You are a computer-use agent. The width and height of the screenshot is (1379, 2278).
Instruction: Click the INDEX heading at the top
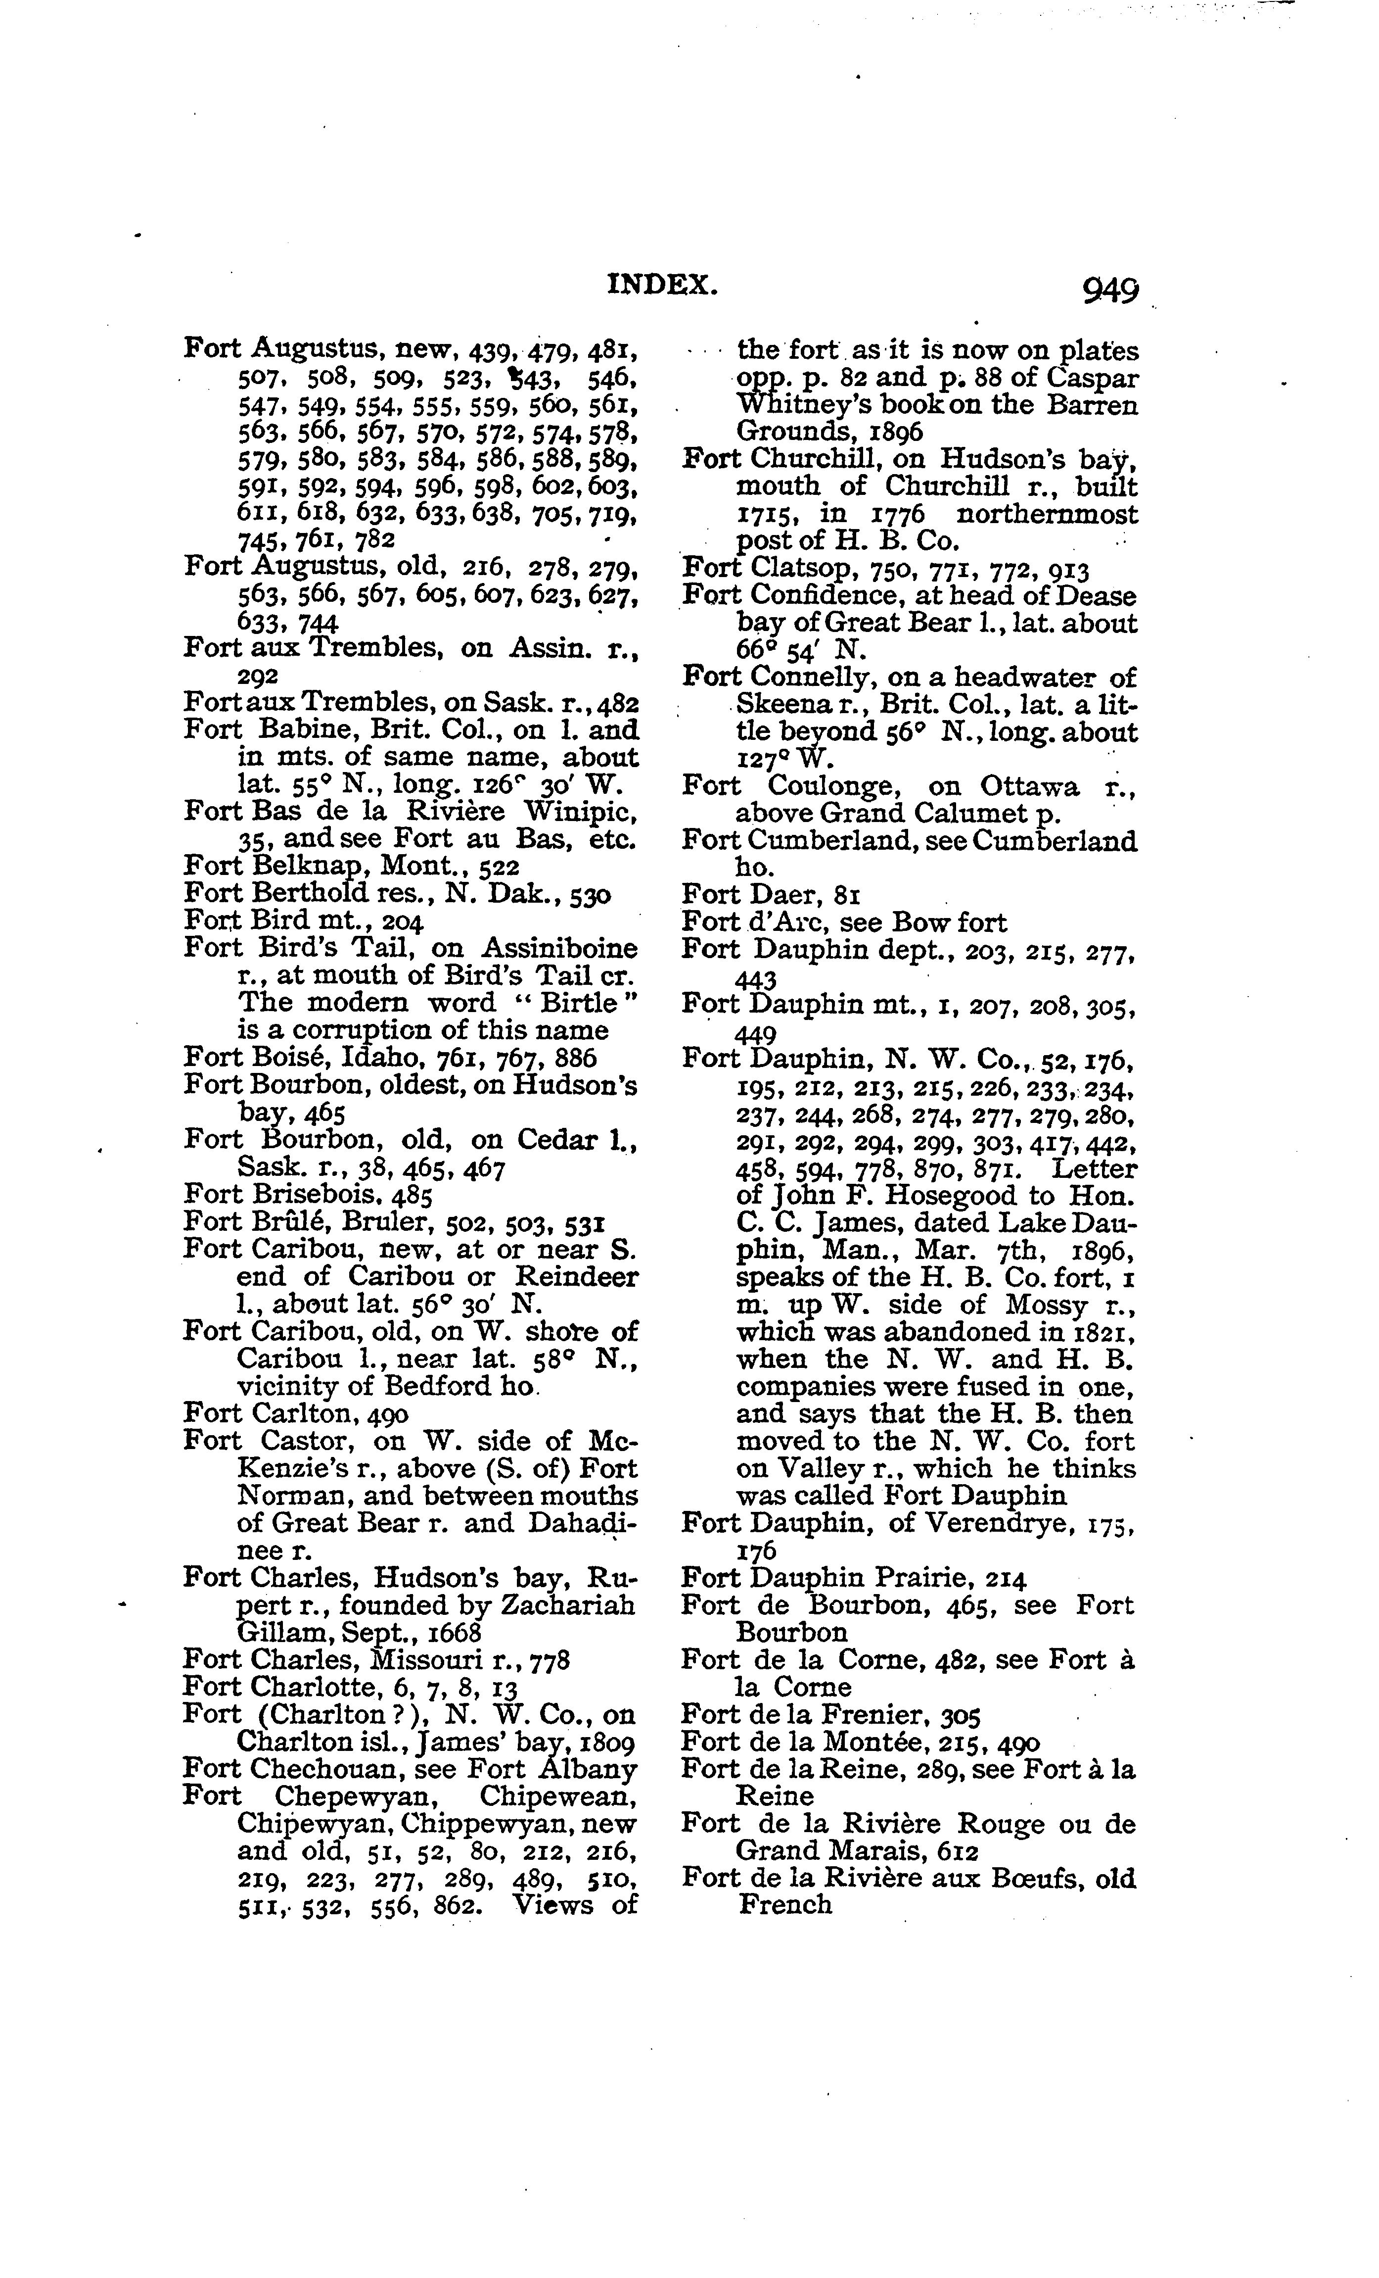click(x=662, y=285)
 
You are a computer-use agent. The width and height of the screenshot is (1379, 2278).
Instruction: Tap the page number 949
click(x=1107, y=291)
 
